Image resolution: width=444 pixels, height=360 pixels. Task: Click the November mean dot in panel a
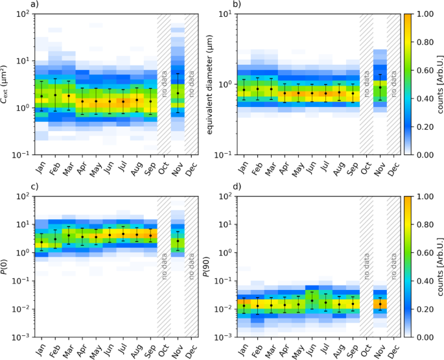[178, 93]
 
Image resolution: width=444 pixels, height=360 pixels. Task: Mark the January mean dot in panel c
[41, 243]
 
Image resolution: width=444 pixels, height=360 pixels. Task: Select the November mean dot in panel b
[380, 87]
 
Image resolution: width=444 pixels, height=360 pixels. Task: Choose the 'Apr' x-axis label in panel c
[83, 352]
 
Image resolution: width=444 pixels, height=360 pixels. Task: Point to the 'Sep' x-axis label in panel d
[353, 352]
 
